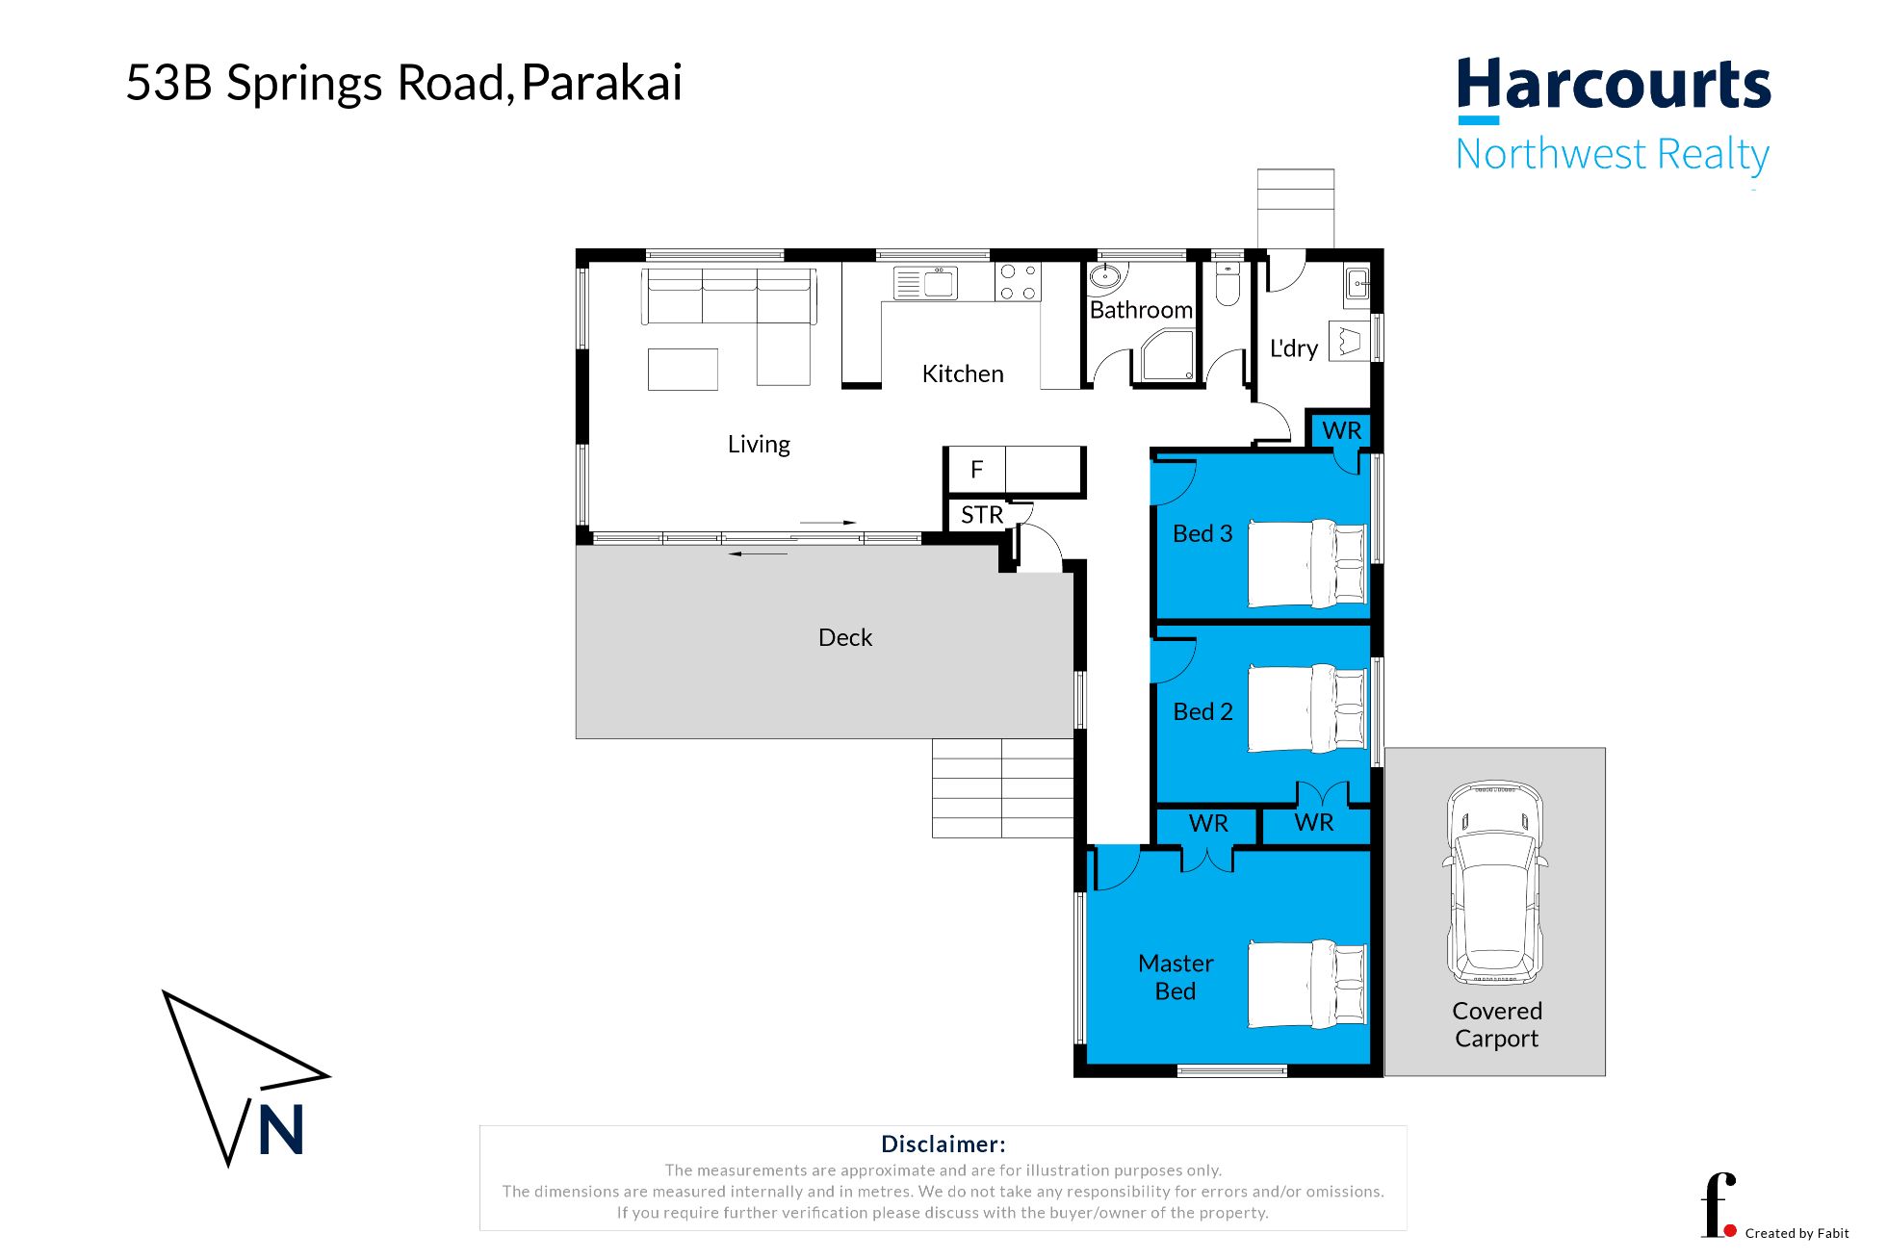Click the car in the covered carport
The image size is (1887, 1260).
point(1495,883)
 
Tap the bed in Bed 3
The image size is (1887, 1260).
point(1306,563)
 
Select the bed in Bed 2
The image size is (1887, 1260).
point(1306,708)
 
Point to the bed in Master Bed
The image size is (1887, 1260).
point(1306,984)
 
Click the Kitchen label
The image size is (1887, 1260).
point(962,373)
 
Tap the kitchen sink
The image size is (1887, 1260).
point(926,283)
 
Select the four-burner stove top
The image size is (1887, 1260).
point(1018,282)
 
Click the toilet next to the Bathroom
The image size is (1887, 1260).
point(1227,284)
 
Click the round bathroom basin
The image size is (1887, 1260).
point(1105,279)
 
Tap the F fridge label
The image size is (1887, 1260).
point(976,470)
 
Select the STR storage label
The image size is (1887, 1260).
point(981,515)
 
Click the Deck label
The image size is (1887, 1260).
point(844,637)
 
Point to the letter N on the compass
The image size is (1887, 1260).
point(281,1129)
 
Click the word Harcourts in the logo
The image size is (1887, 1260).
point(1613,85)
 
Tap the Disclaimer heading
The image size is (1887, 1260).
point(943,1144)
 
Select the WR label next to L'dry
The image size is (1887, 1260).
point(1341,430)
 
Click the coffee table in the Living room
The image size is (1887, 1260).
point(683,369)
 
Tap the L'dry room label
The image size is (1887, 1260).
point(1293,348)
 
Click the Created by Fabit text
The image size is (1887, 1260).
point(1796,1233)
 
